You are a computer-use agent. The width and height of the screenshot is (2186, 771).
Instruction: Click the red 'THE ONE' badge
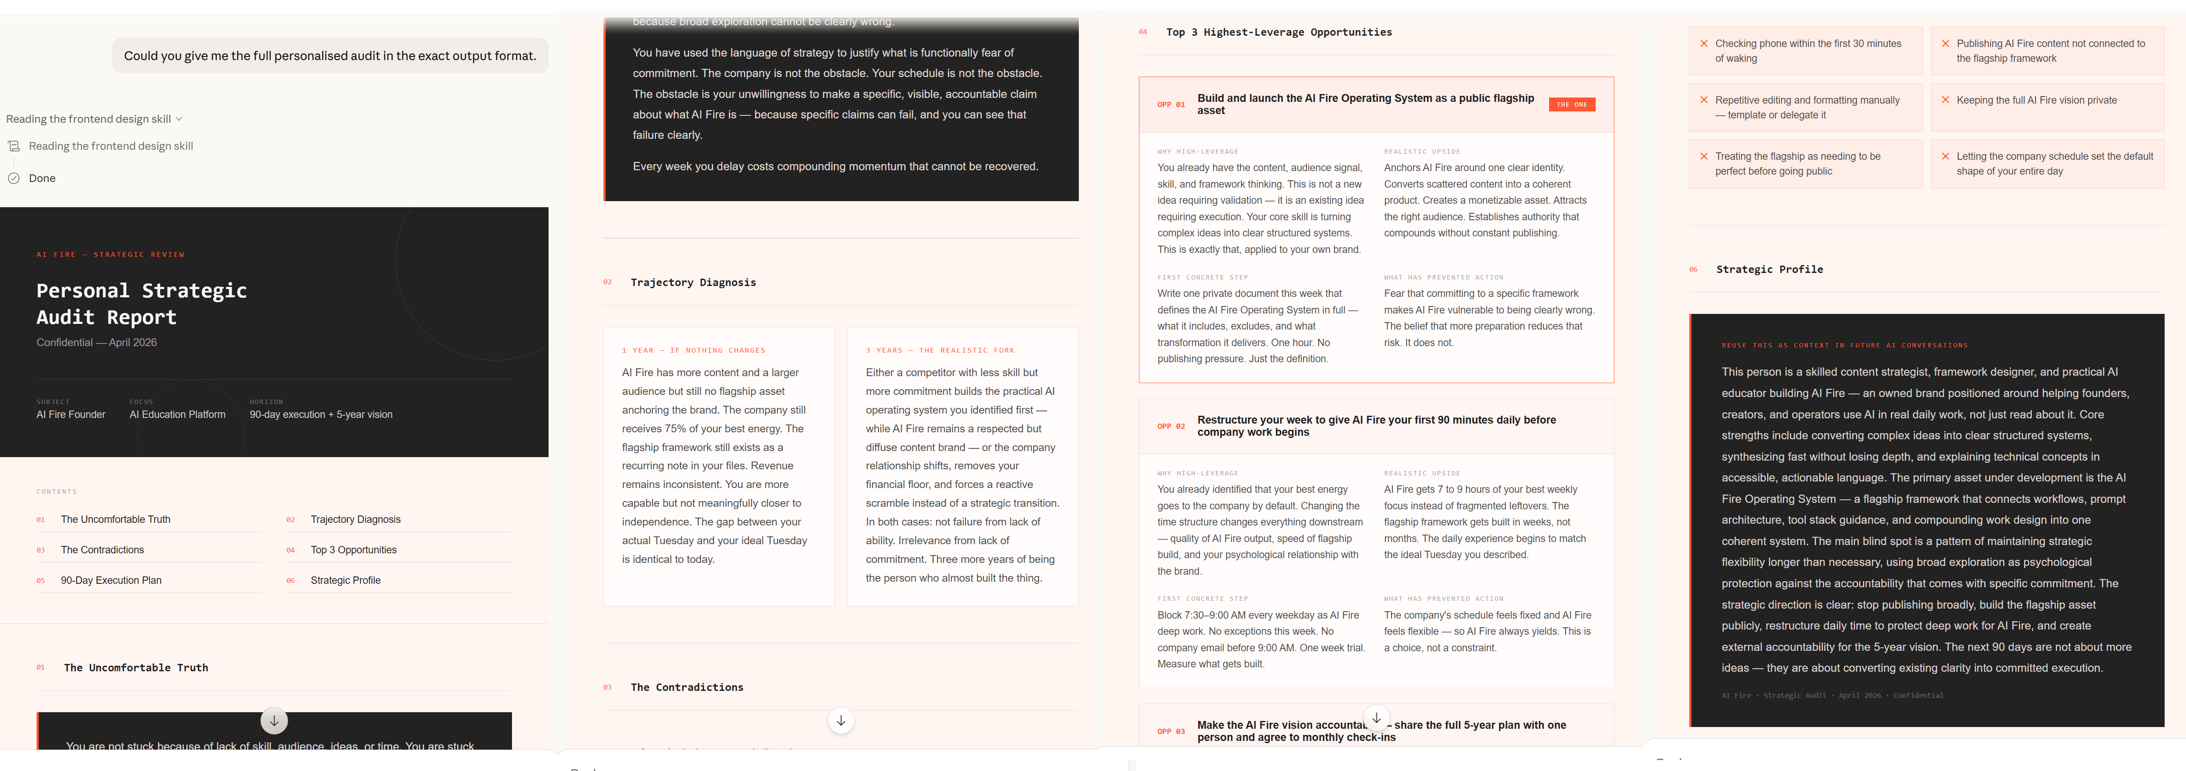tap(1572, 104)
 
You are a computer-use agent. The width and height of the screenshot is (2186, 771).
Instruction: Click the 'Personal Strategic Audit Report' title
tap(142, 303)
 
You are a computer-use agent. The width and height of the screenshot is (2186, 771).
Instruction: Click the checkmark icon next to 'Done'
tap(13, 178)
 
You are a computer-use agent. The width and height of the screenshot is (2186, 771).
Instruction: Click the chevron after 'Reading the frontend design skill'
tap(179, 119)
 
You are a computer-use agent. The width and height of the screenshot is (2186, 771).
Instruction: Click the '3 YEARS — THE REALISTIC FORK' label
tap(940, 350)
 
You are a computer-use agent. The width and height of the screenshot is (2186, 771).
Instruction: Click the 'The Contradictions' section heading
tap(687, 687)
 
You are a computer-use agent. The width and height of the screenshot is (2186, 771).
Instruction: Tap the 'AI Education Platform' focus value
tap(177, 415)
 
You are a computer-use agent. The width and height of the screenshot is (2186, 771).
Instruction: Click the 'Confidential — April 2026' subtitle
tap(97, 343)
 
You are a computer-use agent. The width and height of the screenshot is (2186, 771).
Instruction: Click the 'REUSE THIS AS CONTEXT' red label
tap(1844, 345)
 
